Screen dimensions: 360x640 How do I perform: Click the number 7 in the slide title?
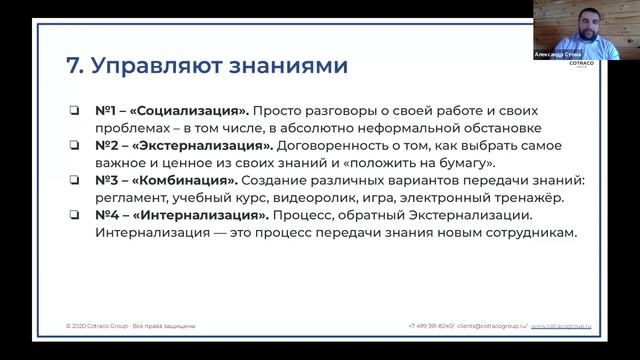(71, 67)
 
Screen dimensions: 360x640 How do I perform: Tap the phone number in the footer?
(431, 327)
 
